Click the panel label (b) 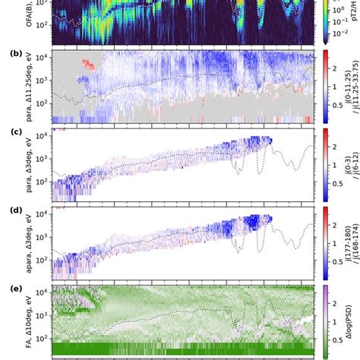click(14, 54)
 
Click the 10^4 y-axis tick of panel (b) click(41, 58)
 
